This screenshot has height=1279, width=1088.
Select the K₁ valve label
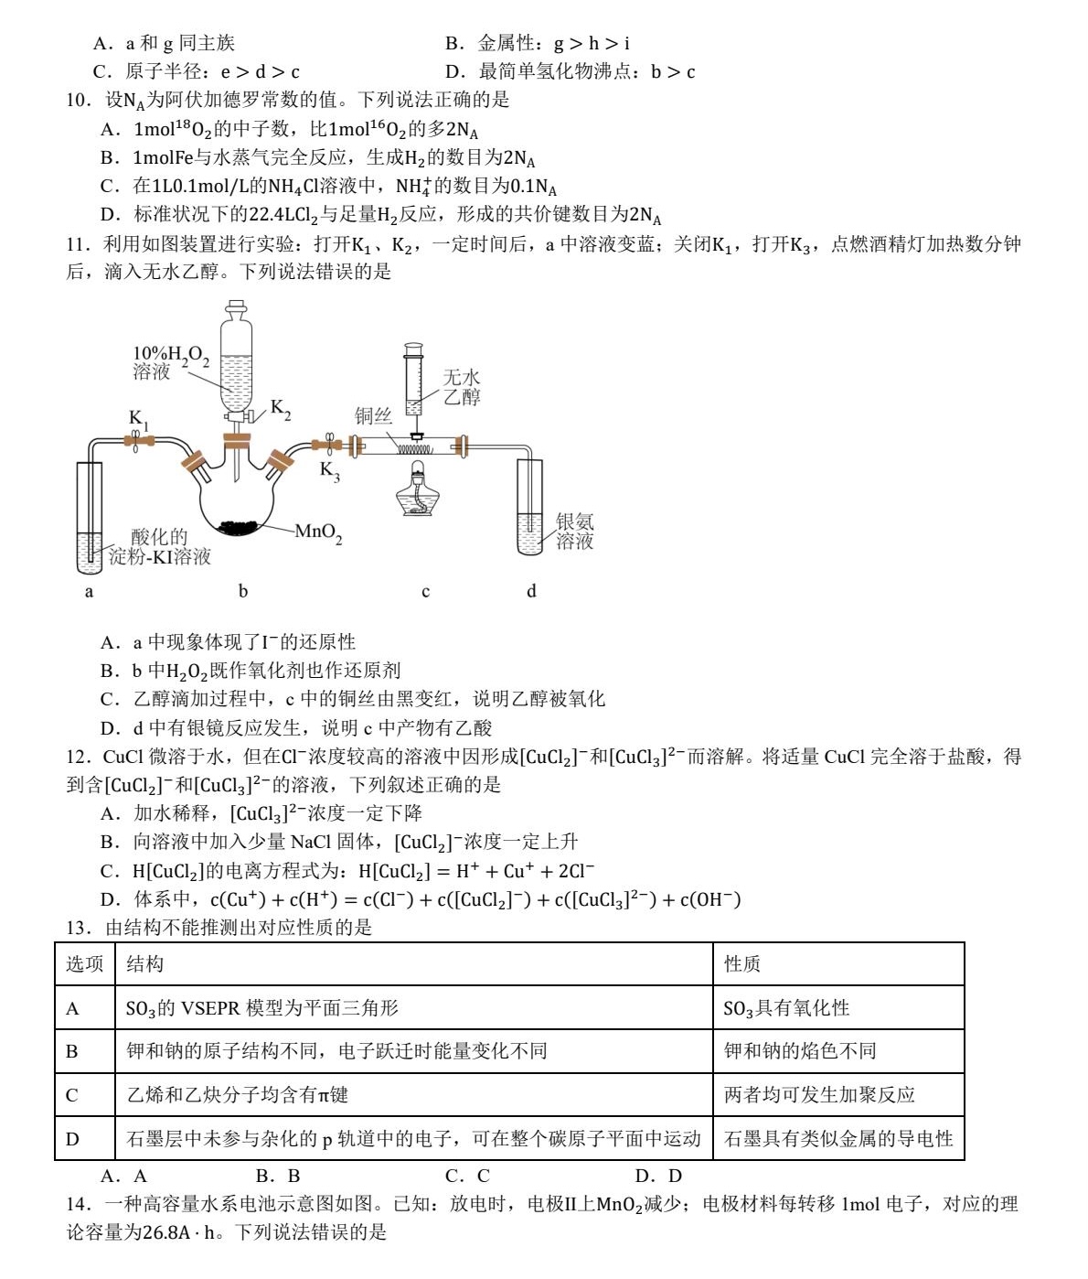click(x=138, y=420)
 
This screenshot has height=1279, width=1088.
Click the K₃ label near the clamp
click(x=329, y=471)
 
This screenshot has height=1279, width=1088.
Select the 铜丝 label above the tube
click(x=373, y=416)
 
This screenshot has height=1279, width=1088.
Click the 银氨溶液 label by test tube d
click(x=575, y=532)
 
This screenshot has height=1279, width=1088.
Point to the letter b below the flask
click(x=243, y=591)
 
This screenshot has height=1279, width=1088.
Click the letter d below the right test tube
click(x=531, y=591)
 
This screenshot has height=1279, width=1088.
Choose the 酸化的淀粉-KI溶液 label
click(x=160, y=547)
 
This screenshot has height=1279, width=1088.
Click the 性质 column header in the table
click(x=742, y=963)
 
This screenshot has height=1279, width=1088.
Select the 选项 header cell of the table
click(x=85, y=963)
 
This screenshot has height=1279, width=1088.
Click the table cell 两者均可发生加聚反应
click(x=819, y=1095)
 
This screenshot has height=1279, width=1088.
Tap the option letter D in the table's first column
click(x=73, y=1139)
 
